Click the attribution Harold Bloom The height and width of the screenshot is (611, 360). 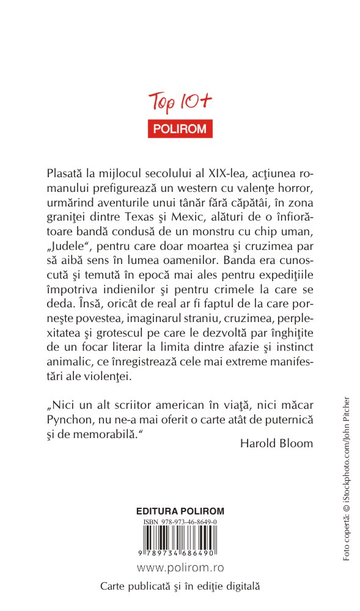click(277, 443)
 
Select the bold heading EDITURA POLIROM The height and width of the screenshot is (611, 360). click(180, 511)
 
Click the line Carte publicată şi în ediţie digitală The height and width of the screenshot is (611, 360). click(180, 585)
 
